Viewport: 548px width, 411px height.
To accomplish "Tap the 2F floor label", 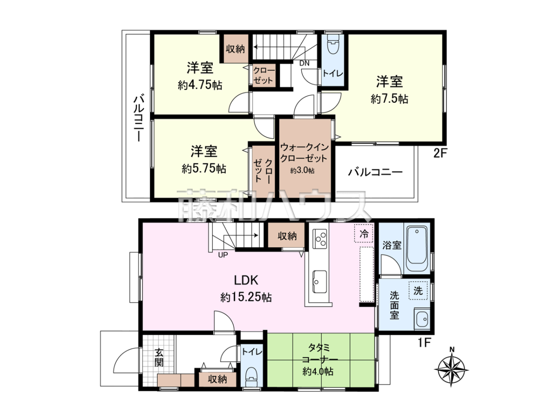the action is tap(439, 153).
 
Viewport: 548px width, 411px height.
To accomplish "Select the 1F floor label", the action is tap(424, 343).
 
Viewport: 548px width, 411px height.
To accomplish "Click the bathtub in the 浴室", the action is tap(416, 248).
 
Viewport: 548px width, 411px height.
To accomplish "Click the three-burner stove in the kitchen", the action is tap(320, 239).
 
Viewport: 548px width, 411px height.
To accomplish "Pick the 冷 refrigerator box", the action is tap(364, 233).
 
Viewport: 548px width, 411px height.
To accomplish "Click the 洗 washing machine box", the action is tap(418, 291).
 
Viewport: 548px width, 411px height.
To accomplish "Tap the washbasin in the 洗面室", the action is tap(422, 319).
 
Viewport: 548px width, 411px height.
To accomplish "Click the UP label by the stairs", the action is tap(223, 255).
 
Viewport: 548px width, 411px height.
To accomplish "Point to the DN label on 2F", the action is tap(304, 63).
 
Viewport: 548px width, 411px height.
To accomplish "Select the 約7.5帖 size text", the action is tap(390, 99).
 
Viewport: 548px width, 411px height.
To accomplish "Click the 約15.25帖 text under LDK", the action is tap(246, 297).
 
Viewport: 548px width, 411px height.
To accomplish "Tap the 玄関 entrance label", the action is tap(159, 358).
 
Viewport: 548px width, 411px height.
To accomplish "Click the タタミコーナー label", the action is tap(320, 353).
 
